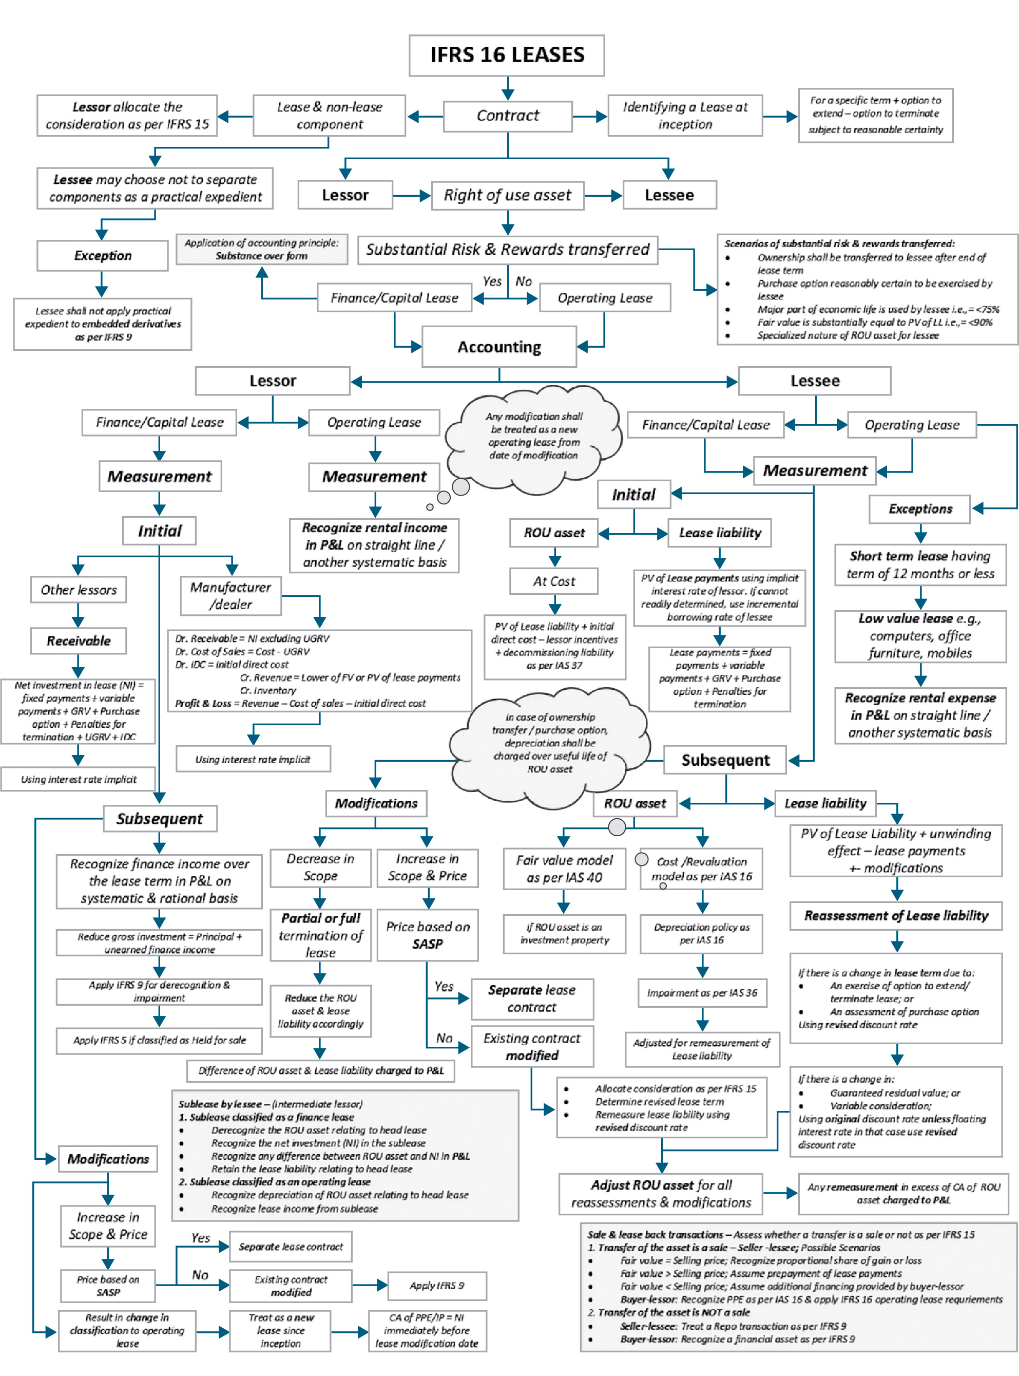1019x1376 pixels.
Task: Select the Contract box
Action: click(x=508, y=116)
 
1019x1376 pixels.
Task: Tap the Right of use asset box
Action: click(x=507, y=196)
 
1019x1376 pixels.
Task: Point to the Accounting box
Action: click(x=499, y=347)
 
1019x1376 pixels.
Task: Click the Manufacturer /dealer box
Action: click(x=230, y=596)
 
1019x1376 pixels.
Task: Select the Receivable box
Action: click(x=79, y=641)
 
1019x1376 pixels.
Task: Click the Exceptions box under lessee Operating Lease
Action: click(x=920, y=509)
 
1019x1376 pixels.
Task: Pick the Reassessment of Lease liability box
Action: click(x=896, y=916)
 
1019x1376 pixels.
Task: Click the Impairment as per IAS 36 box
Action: click(x=701, y=993)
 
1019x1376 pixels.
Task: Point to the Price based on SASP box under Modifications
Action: click(x=428, y=935)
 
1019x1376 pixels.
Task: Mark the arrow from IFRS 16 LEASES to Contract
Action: click(x=508, y=88)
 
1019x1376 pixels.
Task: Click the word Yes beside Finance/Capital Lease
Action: click(x=492, y=281)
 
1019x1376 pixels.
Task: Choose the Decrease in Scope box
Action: click(x=320, y=868)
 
